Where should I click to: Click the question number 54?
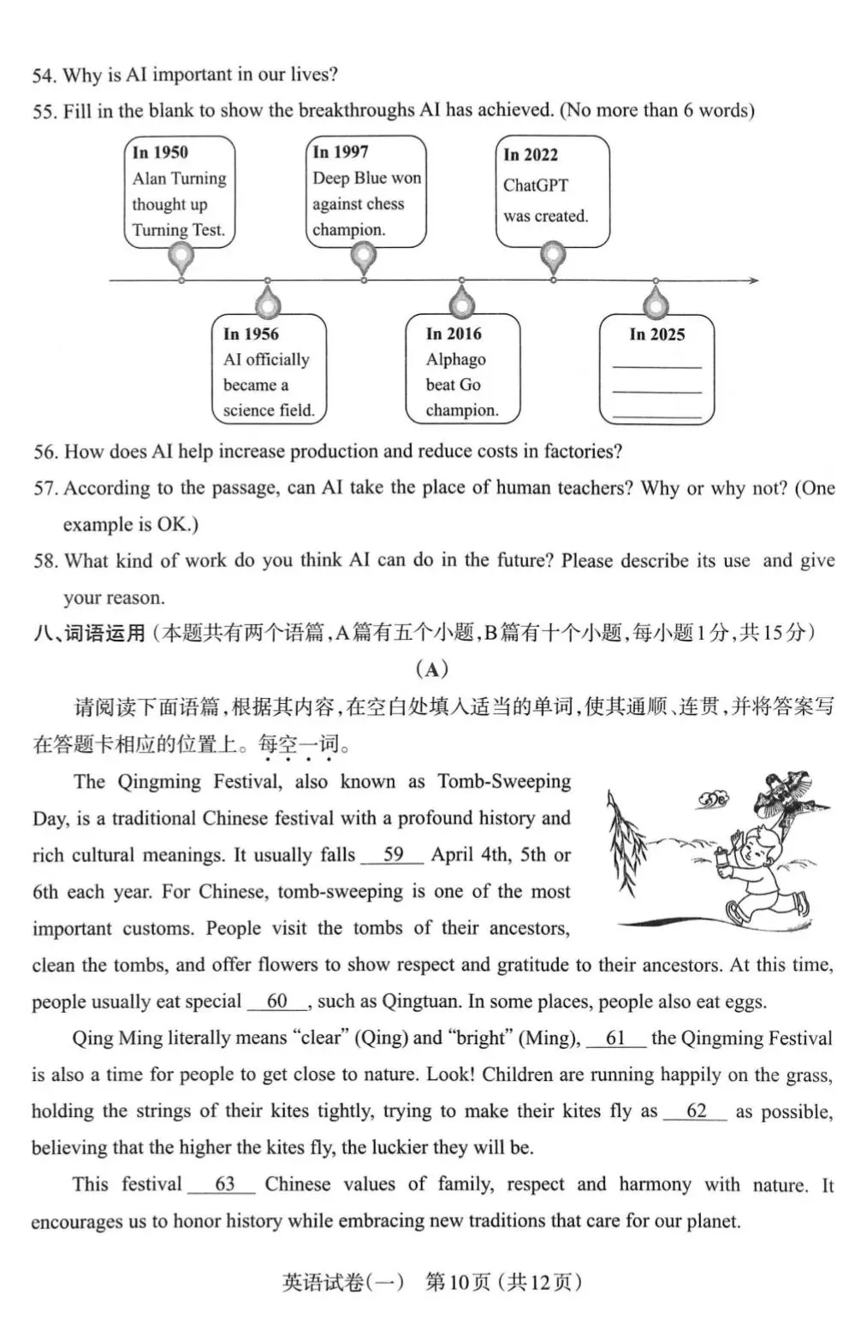[x=44, y=75]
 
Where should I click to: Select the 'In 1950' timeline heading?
[x=160, y=152]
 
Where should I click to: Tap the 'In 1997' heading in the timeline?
[x=341, y=152]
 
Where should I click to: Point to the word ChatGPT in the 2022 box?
[x=536, y=186]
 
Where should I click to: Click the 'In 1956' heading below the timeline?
[x=251, y=334]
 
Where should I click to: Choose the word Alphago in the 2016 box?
[x=456, y=359]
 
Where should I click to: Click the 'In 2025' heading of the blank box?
[x=657, y=334]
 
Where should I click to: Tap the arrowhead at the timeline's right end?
[x=753, y=281]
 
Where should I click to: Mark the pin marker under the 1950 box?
[x=181, y=256]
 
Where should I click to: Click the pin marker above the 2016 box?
[x=462, y=302]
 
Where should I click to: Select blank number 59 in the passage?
[x=393, y=854]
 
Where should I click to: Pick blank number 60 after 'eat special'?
[x=277, y=1001]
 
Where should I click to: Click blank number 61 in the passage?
[x=615, y=1037]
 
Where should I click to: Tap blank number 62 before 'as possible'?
[x=696, y=1111]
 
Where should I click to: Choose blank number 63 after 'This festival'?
[x=224, y=1185]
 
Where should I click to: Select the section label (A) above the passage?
[x=431, y=670]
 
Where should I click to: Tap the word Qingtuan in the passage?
[x=419, y=1002]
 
